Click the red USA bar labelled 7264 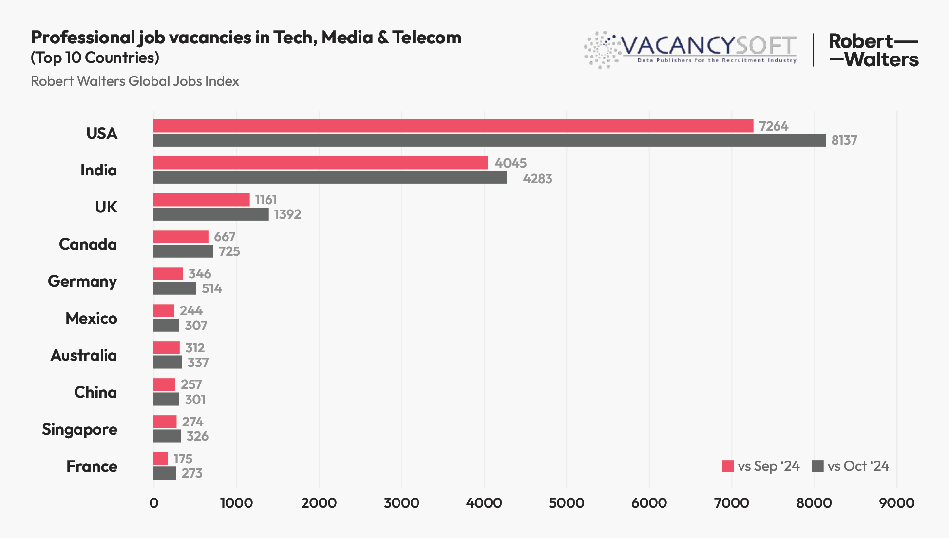453,126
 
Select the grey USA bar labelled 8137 490,140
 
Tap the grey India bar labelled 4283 330,177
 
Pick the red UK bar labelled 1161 201,200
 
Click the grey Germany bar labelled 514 175,288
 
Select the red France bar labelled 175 161,459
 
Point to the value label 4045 511,163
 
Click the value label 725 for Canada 229,251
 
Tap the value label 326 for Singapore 197,436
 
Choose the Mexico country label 91,318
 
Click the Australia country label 84,355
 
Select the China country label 95,392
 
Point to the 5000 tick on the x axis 567,503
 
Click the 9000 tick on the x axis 896,503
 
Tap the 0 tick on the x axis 154,503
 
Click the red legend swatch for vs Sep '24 728,466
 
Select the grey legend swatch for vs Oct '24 817,466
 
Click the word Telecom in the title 427,38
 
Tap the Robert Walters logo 873,50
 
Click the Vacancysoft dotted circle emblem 602,50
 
